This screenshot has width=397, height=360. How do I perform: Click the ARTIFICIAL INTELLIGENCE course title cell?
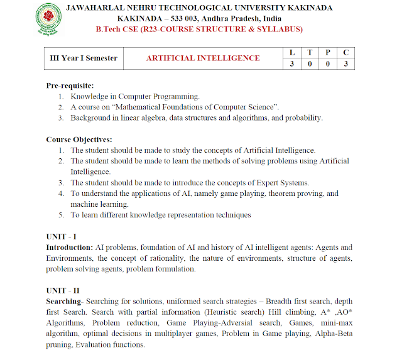click(203, 58)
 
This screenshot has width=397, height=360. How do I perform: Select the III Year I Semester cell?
click(84, 58)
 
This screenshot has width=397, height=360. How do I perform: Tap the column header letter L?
click(291, 52)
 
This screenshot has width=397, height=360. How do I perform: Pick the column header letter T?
click(310, 52)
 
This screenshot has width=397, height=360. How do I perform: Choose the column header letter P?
click(328, 52)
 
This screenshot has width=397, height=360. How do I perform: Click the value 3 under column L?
click(291, 64)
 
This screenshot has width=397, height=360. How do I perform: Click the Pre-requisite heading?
click(70, 85)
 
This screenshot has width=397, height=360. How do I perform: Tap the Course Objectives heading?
click(79, 139)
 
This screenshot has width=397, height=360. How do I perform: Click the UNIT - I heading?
click(62, 236)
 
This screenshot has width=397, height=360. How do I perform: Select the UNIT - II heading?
click(63, 291)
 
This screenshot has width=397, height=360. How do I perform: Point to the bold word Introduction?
click(68, 248)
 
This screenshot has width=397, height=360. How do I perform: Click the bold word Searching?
click(64, 302)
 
